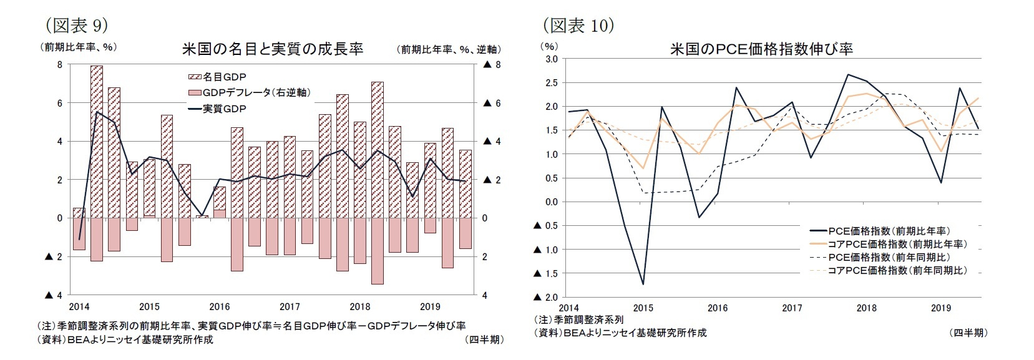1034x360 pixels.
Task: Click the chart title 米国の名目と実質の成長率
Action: tap(272, 49)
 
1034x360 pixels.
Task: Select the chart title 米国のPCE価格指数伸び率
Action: tap(761, 49)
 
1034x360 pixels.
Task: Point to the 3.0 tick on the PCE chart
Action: tap(551, 59)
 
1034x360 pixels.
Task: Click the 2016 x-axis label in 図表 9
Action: tap(220, 307)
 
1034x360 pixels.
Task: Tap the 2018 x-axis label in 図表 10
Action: tap(866, 308)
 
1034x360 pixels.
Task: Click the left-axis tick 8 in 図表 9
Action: tap(59, 65)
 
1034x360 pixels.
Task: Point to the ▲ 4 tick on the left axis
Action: tap(54, 295)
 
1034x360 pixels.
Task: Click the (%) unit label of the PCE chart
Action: tap(549, 46)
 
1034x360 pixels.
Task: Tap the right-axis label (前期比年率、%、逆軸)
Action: tap(449, 49)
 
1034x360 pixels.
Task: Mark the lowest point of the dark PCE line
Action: tap(643, 284)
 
